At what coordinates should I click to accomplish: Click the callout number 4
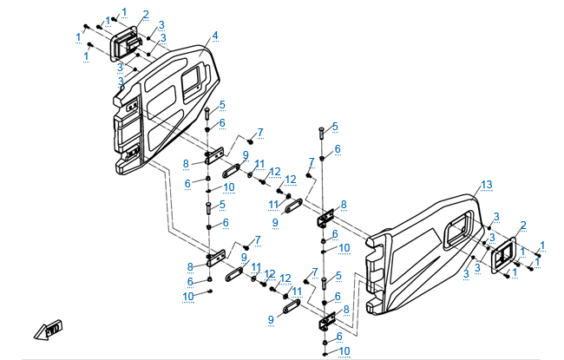click(215, 36)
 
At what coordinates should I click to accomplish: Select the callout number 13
click(486, 185)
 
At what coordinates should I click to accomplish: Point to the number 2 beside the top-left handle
click(146, 14)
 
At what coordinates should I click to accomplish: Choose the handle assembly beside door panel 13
click(502, 254)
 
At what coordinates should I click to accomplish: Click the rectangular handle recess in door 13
click(455, 233)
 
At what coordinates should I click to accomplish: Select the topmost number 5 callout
click(222, 105)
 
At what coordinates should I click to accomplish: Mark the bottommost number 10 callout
click(345, 350)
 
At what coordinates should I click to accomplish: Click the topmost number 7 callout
click(259, 131)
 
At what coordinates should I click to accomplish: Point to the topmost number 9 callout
click(246, 154)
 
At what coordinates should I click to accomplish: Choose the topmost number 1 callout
click(124, 10)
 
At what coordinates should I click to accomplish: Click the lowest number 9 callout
click(272, 320)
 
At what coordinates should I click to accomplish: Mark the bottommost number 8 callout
click(346, 309)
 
